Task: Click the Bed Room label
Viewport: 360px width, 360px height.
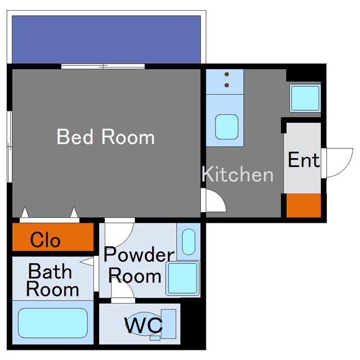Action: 106,137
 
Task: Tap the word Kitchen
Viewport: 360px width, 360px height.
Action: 237,174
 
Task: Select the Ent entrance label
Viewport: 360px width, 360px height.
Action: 304,160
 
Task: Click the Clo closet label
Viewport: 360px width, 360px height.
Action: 45,240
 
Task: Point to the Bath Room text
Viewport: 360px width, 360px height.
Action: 52,280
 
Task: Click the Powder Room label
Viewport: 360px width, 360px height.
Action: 139,265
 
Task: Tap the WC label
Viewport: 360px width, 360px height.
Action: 144,325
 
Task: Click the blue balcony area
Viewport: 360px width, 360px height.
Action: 106,39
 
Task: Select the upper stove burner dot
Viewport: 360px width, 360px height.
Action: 227,74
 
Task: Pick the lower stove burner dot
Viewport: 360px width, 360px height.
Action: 227,85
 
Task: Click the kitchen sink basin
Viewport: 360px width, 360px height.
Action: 227,127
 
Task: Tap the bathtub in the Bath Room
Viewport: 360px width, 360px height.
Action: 53,323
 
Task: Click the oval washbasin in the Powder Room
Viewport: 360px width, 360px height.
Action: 188,242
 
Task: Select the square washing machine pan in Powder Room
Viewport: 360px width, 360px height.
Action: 183,278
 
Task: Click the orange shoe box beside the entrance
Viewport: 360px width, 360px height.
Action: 304,205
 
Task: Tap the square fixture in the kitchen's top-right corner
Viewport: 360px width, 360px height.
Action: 305,98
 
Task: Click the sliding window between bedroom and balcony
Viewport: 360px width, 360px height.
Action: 103,66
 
